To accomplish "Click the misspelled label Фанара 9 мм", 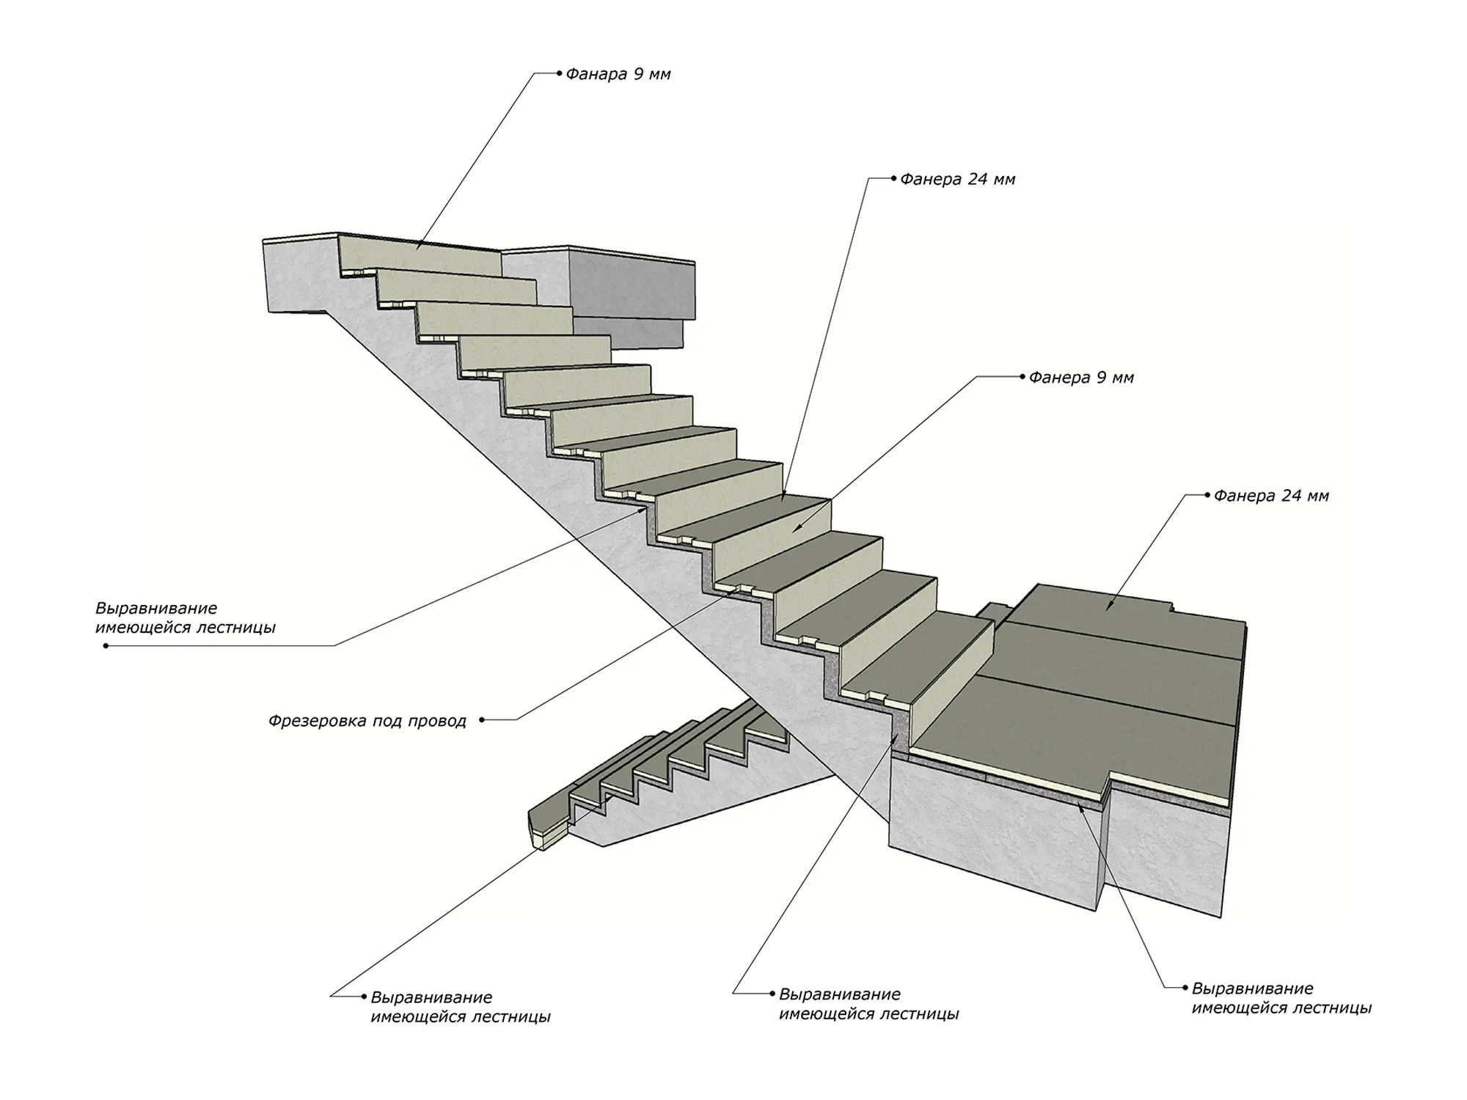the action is point(618,74).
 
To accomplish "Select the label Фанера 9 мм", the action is point(1081,378).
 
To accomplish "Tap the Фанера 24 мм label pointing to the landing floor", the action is point(1271,496).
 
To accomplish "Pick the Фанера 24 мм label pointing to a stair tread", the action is point(957,179).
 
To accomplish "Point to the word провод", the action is point(439,722).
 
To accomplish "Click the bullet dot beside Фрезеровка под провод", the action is point(482,720).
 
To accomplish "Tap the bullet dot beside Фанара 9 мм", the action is point(559,73).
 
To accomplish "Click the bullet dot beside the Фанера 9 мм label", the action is point(1022,377).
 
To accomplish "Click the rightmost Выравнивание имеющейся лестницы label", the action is point(1281,998).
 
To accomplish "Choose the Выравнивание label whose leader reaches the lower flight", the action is point(461,1007).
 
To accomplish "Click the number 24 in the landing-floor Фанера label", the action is point(1292,496).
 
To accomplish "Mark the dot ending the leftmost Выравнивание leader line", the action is point(106,646).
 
